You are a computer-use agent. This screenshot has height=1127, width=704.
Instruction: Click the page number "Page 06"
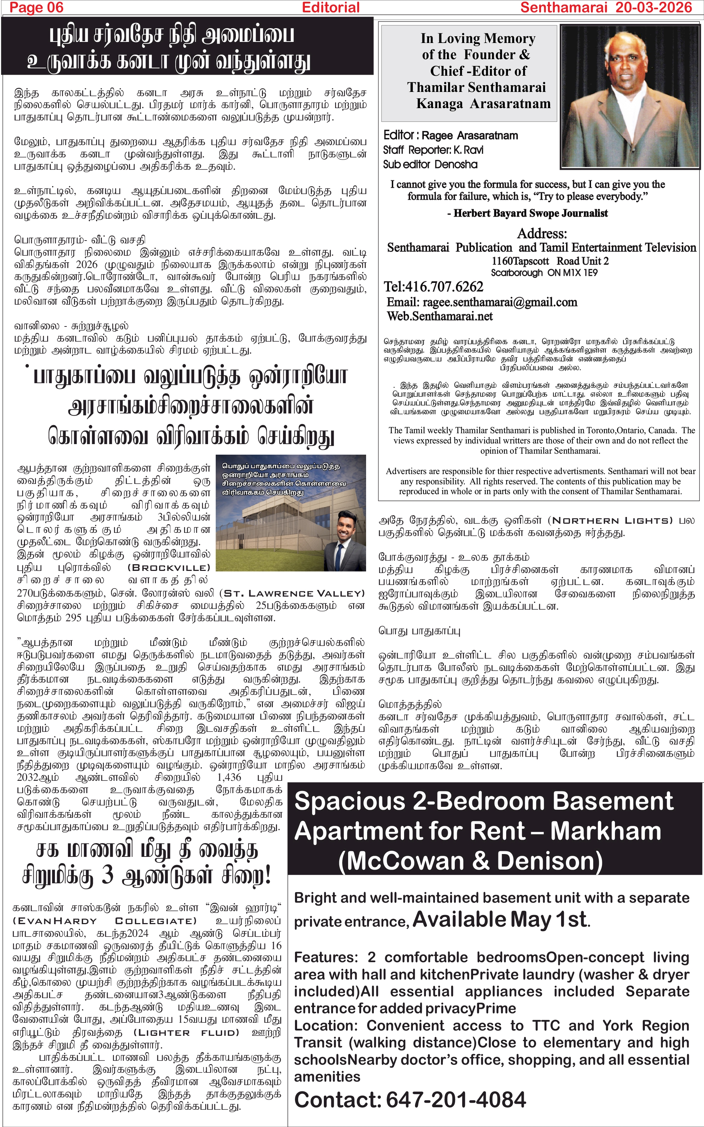pyautogui.click(x=36, y=7)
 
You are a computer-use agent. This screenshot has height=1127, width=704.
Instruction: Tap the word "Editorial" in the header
pyautogui.click(x=331, y=7)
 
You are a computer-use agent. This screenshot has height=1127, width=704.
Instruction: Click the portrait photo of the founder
pyautogui.click(x=630, y=96)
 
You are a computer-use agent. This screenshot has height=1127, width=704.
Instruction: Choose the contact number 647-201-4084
pyautogui.click(x=456, y=1100)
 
